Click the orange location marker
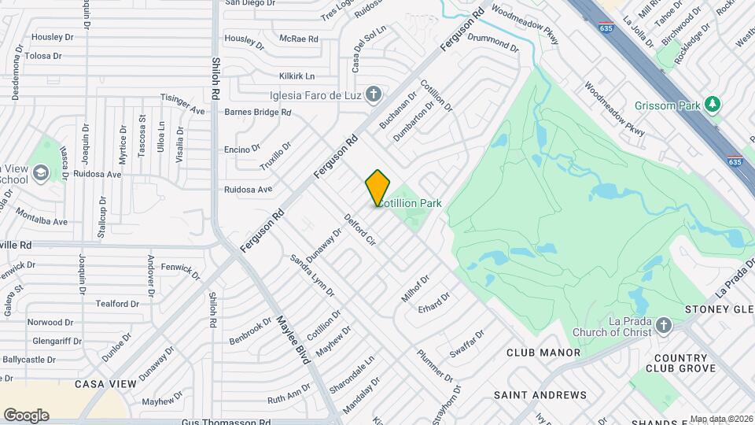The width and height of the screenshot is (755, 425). coord(377,187)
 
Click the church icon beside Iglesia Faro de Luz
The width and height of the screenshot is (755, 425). coord(374,94)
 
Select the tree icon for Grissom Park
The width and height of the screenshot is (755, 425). coord(712,104)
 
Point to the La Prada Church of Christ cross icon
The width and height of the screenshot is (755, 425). coord(664,325)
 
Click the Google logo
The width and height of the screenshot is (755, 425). coord(26,415)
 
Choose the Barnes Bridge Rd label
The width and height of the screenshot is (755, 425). coord(258,113)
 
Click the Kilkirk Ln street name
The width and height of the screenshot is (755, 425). coord(296,76)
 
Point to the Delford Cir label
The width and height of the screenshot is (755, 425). coord(360,230)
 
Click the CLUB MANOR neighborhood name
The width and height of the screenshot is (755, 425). coord(543,353)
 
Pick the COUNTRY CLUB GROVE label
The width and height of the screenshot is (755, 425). coord(681,362)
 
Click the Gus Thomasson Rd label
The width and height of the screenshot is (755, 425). coord(226,422)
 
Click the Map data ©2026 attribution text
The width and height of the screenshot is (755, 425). coord(720,419)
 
